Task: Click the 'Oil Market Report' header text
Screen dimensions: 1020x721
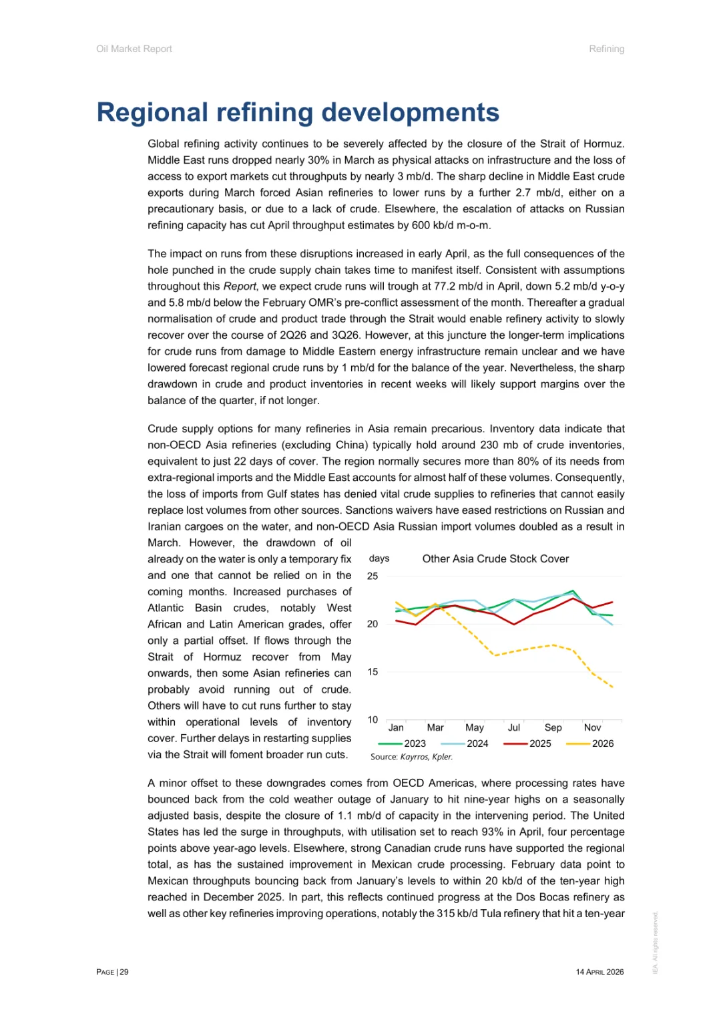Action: point(134,49)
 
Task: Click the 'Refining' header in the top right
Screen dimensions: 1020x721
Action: point(606,49)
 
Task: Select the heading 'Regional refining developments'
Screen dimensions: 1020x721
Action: point(298,112)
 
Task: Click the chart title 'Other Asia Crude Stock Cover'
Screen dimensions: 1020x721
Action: point(495,559)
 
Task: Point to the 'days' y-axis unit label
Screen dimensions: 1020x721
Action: point(379,558)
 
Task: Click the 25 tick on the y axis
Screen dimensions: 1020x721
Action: point(373,576)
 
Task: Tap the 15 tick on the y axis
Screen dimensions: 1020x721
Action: point(373,672)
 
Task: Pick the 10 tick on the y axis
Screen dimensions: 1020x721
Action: point(373,719)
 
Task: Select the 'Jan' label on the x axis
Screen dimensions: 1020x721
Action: point(396,727)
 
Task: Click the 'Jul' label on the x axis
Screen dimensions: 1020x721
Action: point(514,727)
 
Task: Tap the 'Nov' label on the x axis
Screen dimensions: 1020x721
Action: point(592,727)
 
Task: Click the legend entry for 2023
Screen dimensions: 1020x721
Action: point(403,743)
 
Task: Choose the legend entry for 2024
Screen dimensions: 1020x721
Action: point(465,743)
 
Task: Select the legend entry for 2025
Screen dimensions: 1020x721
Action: point(528,743)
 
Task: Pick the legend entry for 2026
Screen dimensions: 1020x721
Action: point(591,743)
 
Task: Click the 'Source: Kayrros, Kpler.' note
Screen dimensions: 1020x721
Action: point(411,757)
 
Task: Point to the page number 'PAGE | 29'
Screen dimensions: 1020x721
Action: point(112,972)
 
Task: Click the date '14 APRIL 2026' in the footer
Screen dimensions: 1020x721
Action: point(599,972)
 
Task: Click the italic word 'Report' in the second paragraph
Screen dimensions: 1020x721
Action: point(240,287)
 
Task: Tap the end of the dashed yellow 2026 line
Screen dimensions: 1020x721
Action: point(613,687)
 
